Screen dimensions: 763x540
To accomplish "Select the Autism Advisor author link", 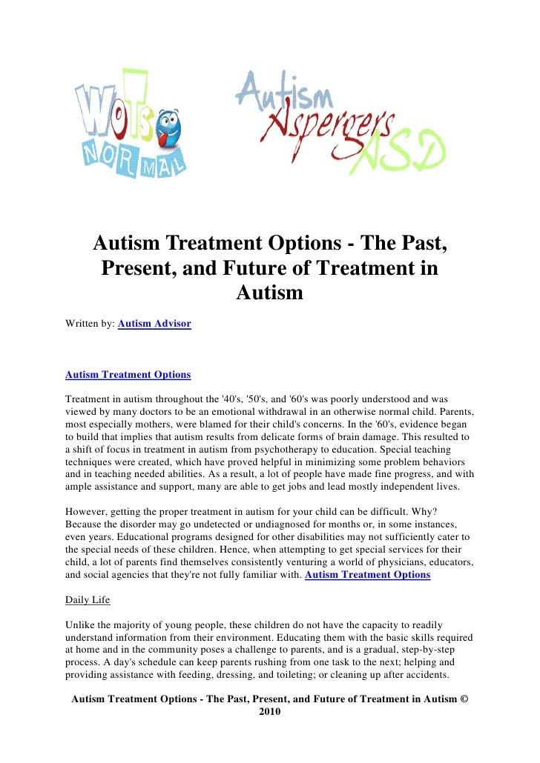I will click(x=154, y=324).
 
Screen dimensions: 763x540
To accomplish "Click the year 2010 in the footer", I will click(x=269, y=712).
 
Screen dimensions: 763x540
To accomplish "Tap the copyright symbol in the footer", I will click(x=464, y=699).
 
